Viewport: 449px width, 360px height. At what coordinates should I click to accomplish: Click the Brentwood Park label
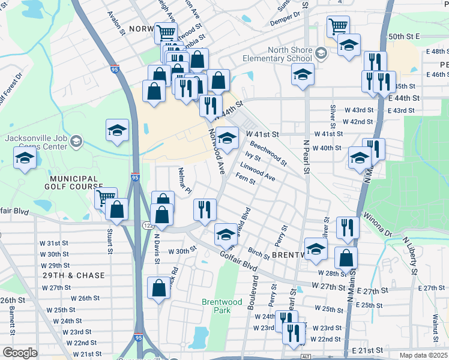pyautogui.click(x=216, y=306)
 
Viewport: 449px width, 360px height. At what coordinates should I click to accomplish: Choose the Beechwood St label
pyautogui.click(x=268, y=153)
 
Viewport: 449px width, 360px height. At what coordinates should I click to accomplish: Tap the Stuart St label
pyautogui.click(x=110, y=236)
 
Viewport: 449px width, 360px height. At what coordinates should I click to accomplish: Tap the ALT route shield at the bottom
pyautogui.click(x=306, y=356)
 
